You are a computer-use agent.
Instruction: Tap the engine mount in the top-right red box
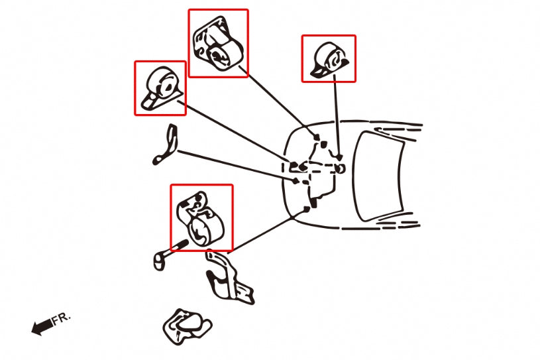tap(329, 60)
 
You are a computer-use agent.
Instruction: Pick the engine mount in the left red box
tap(161, 88)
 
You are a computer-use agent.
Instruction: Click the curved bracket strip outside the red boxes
tap(166, 145)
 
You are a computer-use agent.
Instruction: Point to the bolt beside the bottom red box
tap(170, 255)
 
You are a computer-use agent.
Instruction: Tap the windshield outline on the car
tap(380, 176)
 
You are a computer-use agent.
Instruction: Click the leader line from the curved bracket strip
tap(237, 165)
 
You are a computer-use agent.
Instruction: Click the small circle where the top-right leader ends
tap(340, 168)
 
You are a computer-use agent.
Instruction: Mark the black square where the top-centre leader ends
tap(317, 138)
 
